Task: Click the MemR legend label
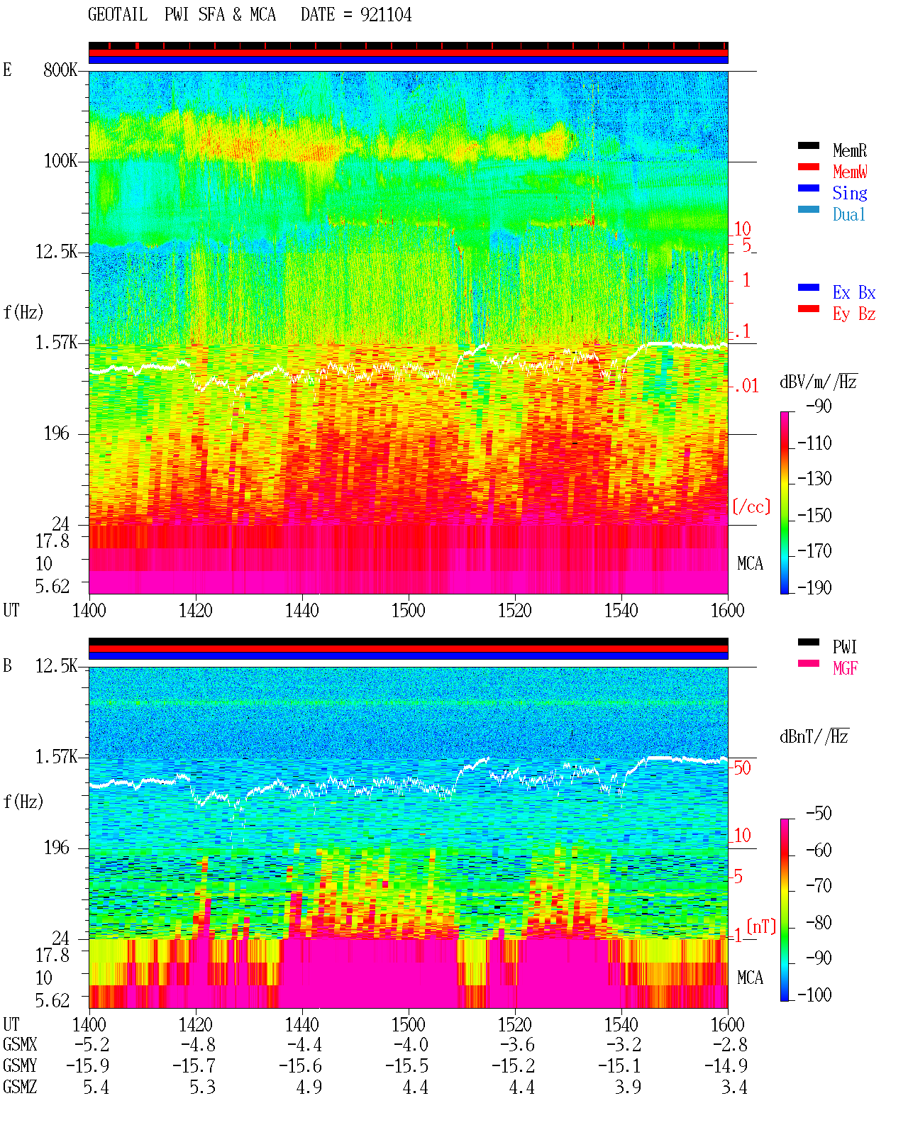849,150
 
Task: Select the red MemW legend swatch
808,167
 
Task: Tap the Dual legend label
848,214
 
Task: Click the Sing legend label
849,193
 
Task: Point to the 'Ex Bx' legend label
854,292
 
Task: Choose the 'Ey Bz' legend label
854,314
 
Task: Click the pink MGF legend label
845,668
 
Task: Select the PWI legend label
844,646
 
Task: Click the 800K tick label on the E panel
60,70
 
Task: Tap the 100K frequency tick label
60,161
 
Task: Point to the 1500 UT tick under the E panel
408,610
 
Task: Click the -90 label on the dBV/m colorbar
819,406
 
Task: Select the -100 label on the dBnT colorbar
814,995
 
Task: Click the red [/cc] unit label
751,506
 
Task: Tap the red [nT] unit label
761,926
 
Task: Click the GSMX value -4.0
411,1044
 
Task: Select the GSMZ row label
20,1087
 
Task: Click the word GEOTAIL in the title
118,14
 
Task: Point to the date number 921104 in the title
386,14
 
